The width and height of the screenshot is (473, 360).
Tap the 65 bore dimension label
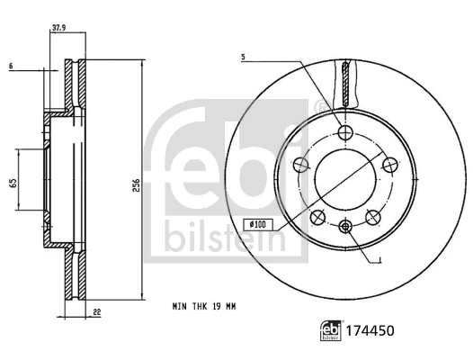(x=13, y=183)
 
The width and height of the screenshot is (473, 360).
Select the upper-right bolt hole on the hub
(x=389, y=165)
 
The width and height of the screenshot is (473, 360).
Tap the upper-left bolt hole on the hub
(x=303, y=165)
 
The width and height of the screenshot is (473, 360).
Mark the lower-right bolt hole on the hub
(x=373, y=216)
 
